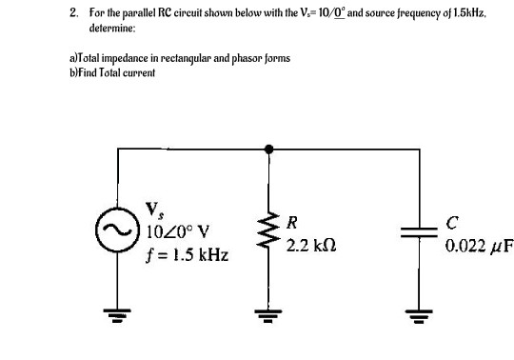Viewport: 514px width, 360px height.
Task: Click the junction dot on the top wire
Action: tap(269, 149)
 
